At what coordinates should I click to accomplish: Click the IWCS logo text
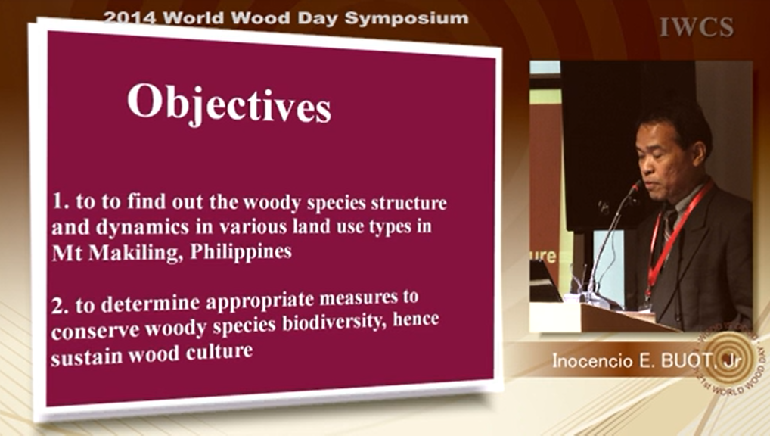[x=697, y=27]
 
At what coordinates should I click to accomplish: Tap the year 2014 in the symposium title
[x=130, y=17]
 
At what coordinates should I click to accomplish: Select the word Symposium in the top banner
[x=407, y=19]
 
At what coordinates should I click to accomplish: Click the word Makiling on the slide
[x=135, y=253]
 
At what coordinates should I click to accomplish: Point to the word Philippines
[x=241, y=251]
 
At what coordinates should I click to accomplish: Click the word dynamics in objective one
[x=142, y=227]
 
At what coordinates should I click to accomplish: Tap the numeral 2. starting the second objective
[x=60, y=306]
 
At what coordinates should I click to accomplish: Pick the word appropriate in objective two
[x=259, y=301]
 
